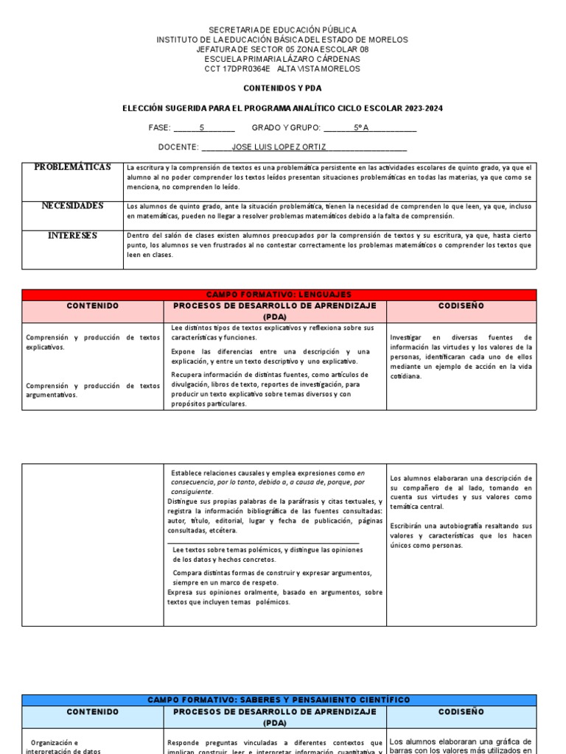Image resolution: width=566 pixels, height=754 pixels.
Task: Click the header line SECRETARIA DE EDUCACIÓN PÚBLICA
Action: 282,30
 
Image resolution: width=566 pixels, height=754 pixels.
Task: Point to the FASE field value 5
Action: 201,127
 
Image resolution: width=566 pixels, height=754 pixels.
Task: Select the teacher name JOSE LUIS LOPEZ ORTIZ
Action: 279,147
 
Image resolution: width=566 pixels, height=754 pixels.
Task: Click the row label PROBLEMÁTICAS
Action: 73,167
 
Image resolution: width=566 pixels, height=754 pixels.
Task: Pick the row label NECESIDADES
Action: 73,206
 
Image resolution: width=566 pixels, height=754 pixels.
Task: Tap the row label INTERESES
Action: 73,236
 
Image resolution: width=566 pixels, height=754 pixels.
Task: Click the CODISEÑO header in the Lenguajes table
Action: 461,305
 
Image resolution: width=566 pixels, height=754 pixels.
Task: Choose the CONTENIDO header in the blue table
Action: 92,712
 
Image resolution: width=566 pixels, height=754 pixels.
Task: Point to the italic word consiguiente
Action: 192,491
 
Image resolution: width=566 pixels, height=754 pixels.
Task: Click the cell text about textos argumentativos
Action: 92,390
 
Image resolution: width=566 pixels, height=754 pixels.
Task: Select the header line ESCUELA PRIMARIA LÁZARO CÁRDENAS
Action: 282,59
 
